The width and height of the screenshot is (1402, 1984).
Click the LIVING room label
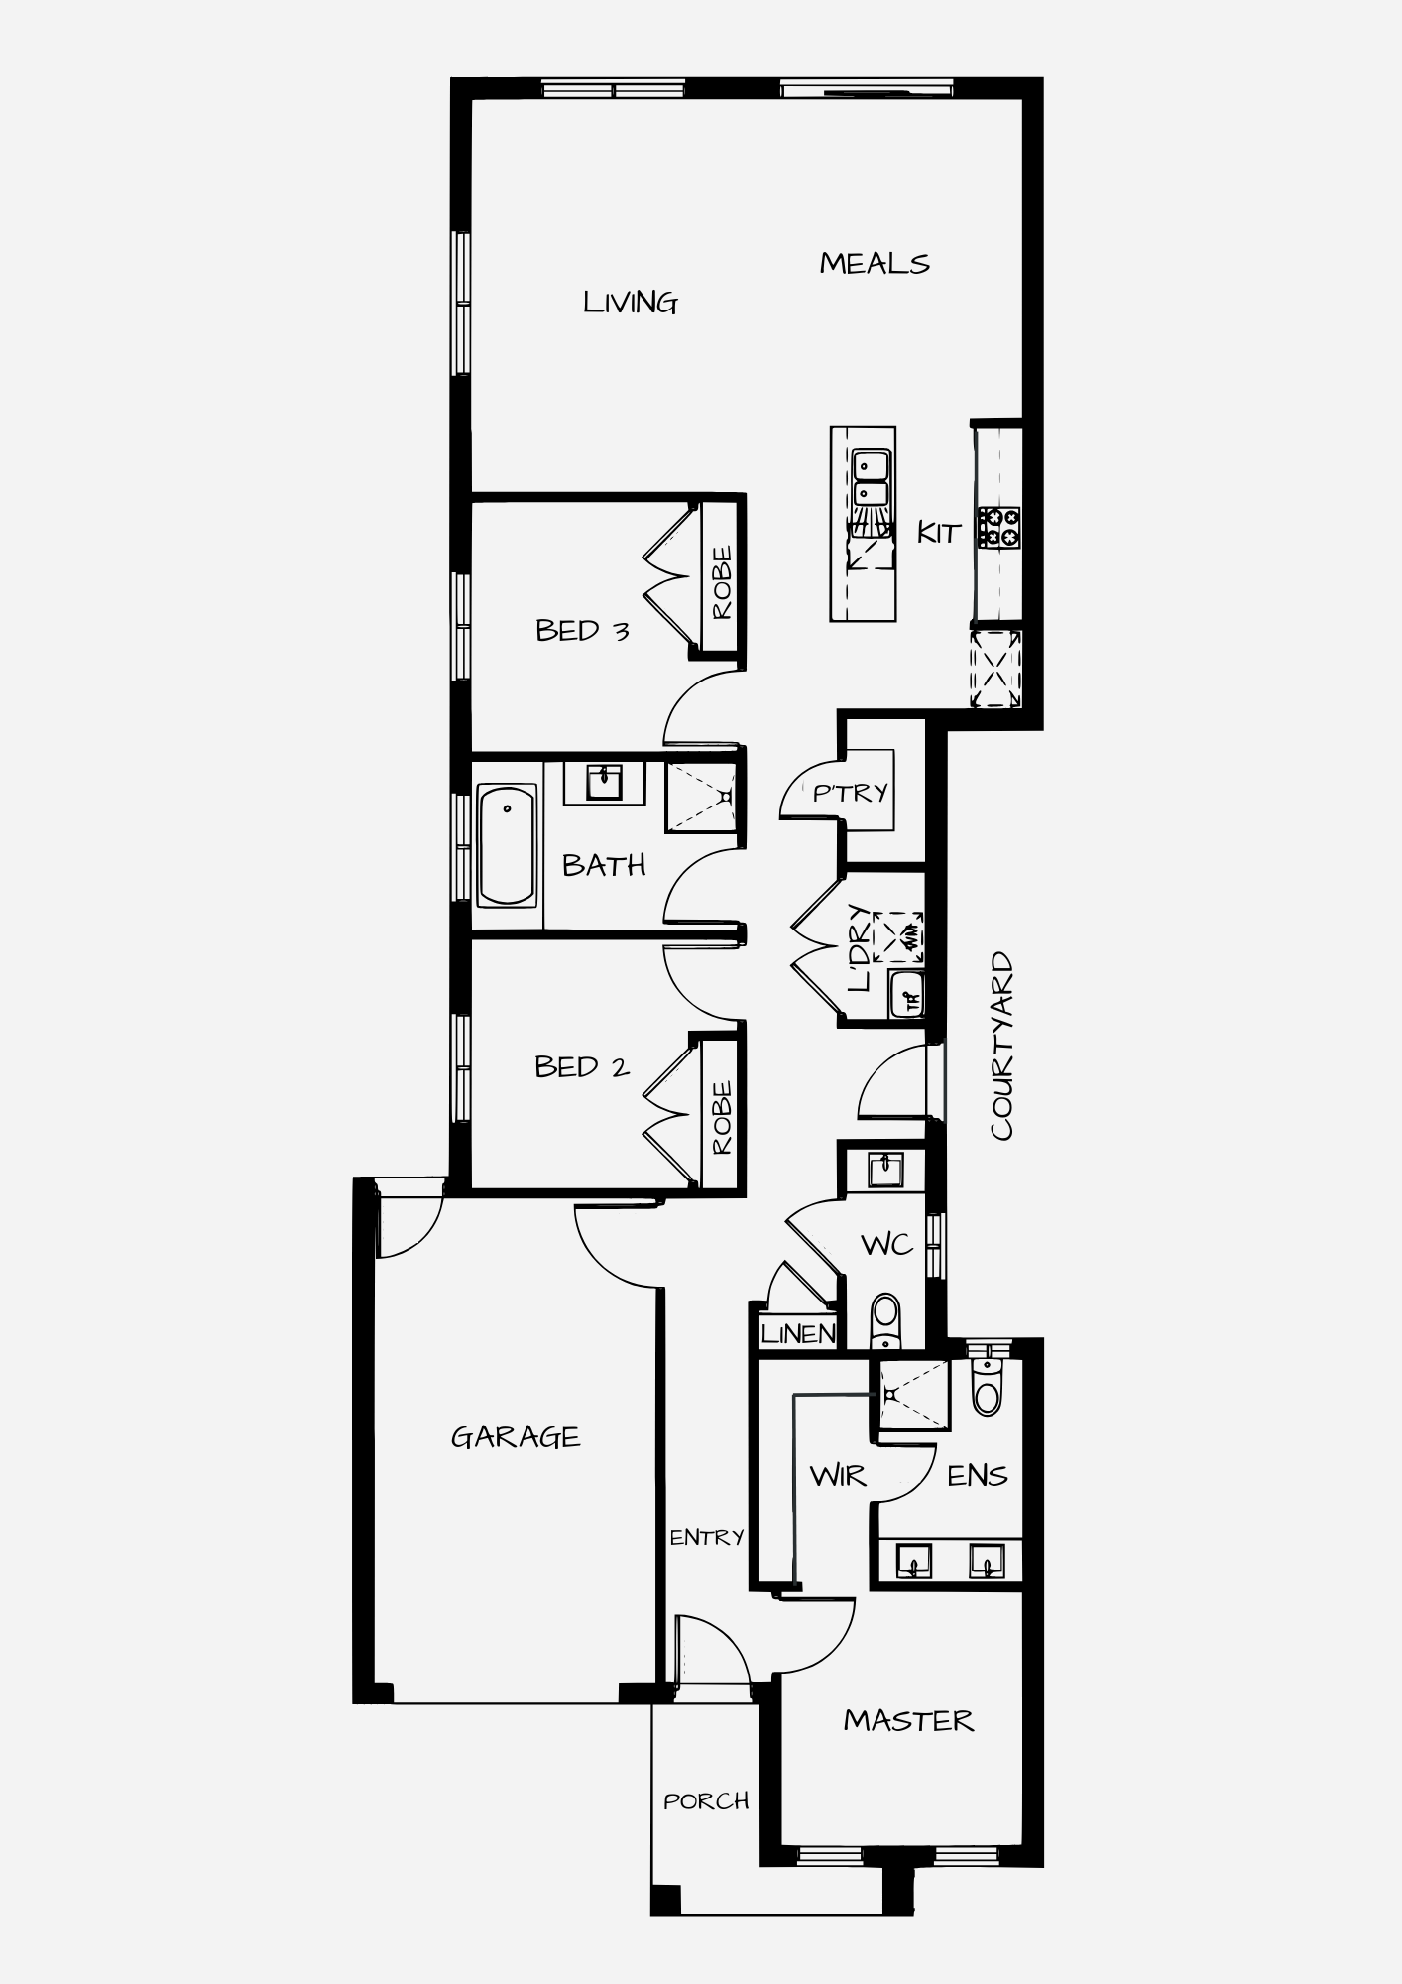pyautogui.click(x=631, y=303)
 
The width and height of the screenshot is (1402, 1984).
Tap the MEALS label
pyautogui.click(x=875, y=264)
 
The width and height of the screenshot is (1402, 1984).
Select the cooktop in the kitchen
pyautogui.click(x=998, y=527)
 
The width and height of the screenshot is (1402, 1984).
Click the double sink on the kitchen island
pyautogui.click(x=872, y=478)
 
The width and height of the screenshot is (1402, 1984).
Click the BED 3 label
pyautogui.click(x=582, y=631)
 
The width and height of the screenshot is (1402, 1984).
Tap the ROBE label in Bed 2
pyautogui.click(x=722, y=1117)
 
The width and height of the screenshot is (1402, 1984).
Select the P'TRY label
pyautogui.click(x=851, y=793)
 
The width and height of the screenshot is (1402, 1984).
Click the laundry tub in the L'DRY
pyautogui.click(x=906, y=994)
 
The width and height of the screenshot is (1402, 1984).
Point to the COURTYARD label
pyautogui.click(x=1001, y=1047)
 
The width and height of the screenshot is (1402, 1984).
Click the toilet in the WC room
pyautogui.click(x=885, y=1320)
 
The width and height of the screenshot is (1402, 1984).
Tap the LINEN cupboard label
pyautogui.click(x=798, y=1334)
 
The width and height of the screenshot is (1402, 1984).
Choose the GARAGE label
pyautogui.click(x=516, y=1437)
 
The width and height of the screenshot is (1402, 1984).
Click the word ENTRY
pyautogui.click(x=706, y=1537)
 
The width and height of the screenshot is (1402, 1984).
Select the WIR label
pyautogui.click(x=838, y=1476)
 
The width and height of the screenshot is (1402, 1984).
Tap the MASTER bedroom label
pyautogui.click(x=908, y=1721)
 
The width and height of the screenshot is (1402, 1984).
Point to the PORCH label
pyautogui.click(x=706, y=1800)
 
